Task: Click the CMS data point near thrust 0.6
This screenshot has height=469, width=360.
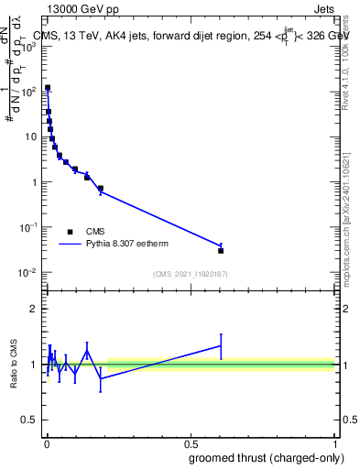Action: point(221,250)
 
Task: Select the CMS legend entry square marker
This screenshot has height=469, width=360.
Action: point(71,231)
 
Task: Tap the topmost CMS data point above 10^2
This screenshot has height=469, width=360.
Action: point(48,88)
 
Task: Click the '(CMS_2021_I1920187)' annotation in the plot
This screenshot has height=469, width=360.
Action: point(190,274)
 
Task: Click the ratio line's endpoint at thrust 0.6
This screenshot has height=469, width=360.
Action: point(221,345)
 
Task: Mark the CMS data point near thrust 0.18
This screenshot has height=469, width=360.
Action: point(100,189)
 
